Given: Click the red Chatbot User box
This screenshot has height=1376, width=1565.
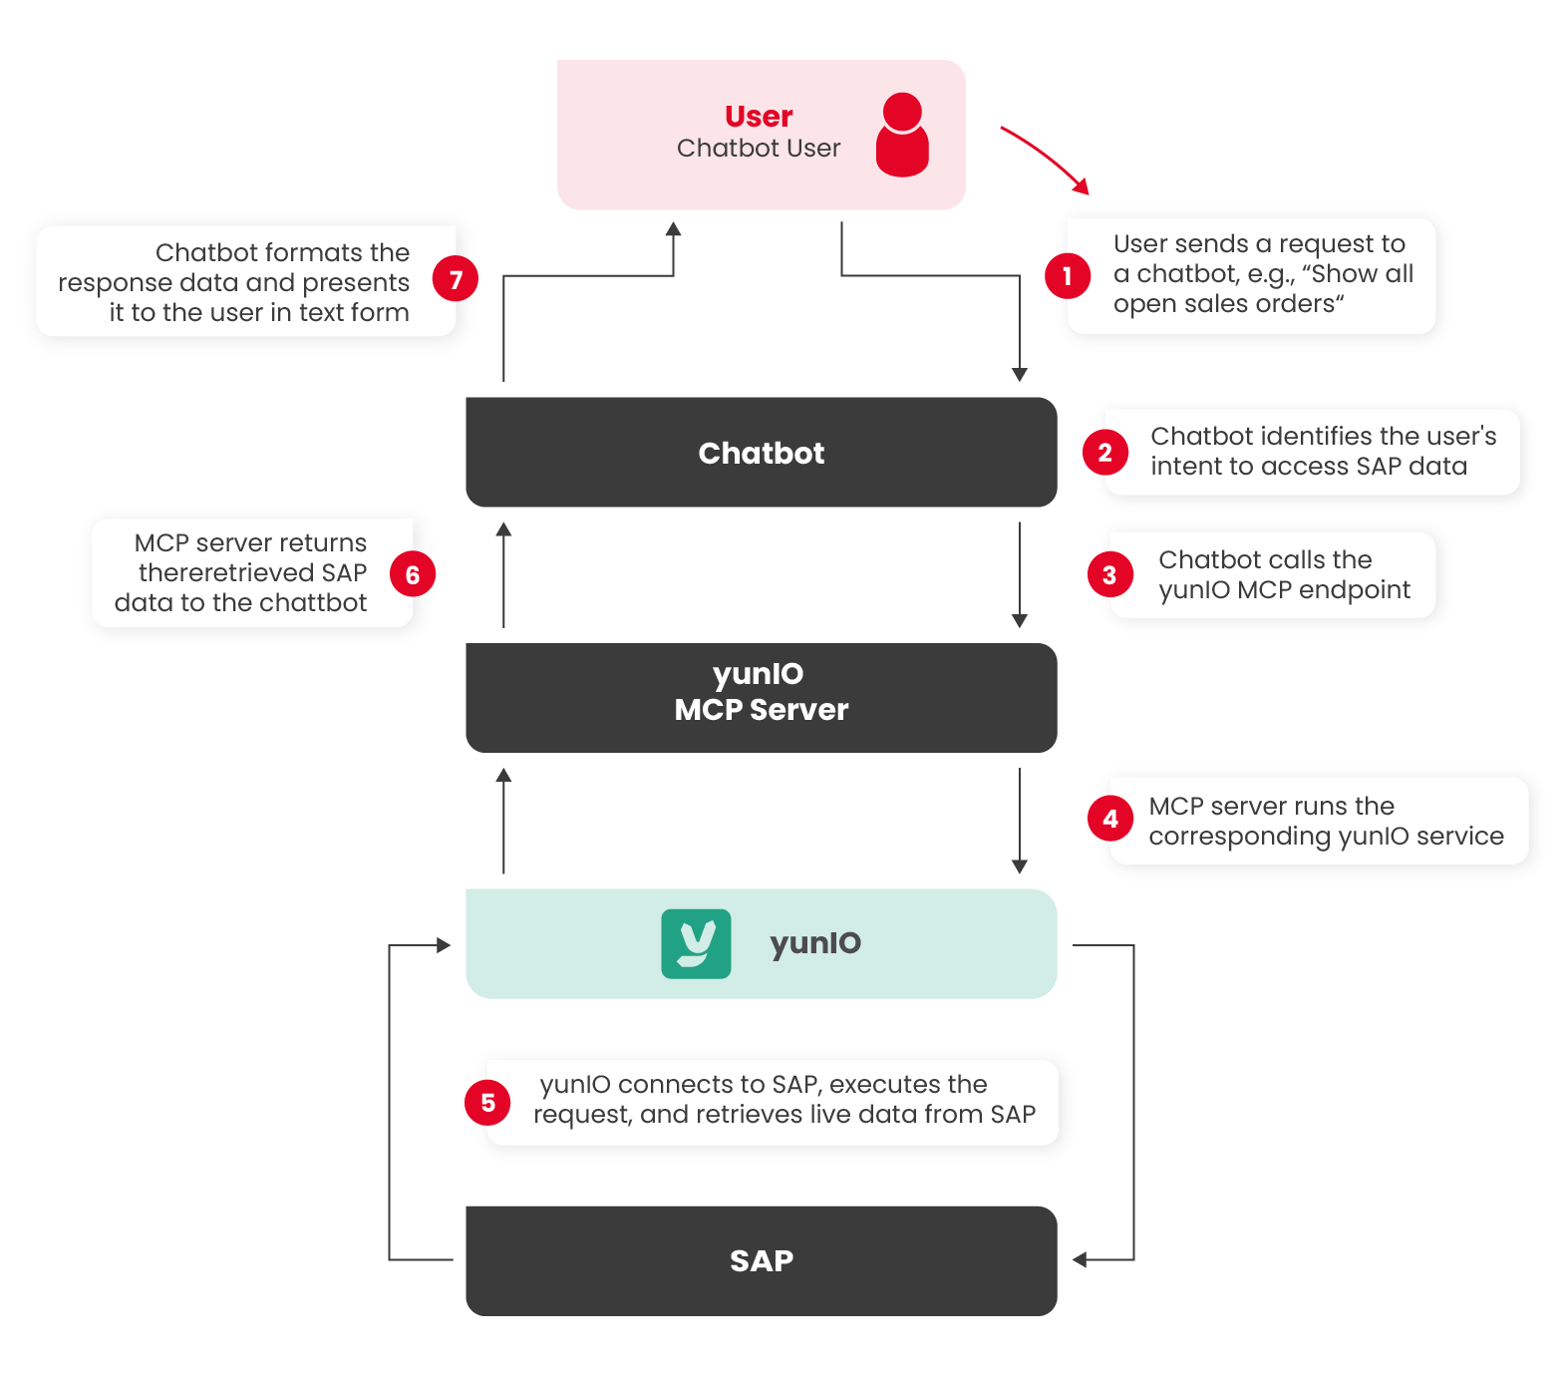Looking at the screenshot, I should coord(761,135).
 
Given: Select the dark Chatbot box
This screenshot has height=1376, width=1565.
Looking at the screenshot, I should coord(761,452).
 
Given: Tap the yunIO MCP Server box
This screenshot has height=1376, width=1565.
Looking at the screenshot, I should coord(761,697).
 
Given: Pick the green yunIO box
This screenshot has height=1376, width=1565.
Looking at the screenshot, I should coord(761,943).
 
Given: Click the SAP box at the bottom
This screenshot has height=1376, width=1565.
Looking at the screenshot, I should coord(761,1260).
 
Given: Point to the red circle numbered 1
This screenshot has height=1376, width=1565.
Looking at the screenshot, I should coord(1067,275).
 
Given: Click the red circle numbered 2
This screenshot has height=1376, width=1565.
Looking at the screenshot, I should coord(1104,453).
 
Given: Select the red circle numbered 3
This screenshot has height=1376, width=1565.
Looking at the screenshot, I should coord(1109,575).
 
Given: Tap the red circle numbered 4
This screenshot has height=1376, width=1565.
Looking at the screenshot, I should coord(1110,819).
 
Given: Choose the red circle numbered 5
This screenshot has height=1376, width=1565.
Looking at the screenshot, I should coord(487,1103).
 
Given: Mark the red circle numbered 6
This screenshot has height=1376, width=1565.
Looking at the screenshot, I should coord(412,574).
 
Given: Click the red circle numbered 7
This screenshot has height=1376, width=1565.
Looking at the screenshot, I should coord(455,280).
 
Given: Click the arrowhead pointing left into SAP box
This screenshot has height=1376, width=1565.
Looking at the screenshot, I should coord(1079,1260).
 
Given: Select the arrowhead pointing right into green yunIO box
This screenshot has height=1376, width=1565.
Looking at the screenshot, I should coord(445,945).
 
